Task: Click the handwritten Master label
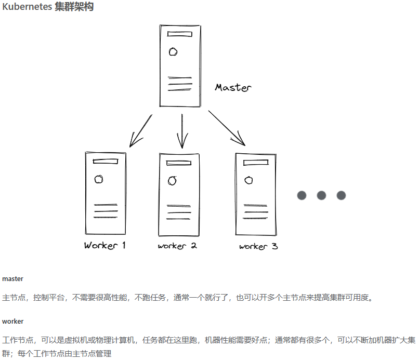[233, 87]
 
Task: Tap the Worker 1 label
[104, 245]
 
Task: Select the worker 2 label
[177, 246]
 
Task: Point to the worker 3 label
[258, 246]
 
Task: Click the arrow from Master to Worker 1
[140, 130]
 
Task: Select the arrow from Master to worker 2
[182, 131]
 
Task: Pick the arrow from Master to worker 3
[227, 127]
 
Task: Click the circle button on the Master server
[173, 51]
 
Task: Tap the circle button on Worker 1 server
[98, 179]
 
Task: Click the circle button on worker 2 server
[172, 181]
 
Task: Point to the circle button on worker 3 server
[249, 180]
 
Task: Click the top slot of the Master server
[180, 35]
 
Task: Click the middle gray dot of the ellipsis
[321, 195]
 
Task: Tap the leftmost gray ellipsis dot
[302, 195]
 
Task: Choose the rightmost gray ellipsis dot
[341, 195]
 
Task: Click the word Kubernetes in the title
[27, 7]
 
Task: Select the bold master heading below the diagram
[12, 279]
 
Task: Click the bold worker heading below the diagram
[12, 322]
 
